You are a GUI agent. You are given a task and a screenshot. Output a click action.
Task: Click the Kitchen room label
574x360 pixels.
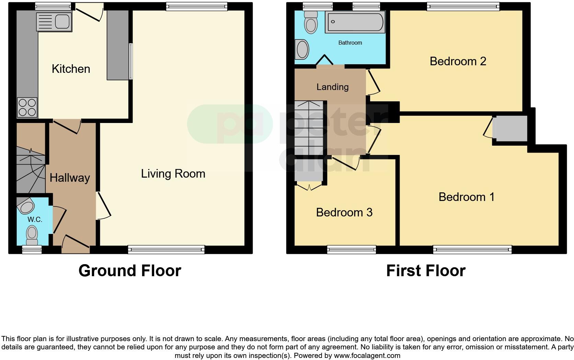point(71,69)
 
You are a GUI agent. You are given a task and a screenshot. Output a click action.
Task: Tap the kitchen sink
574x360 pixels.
point(54,21)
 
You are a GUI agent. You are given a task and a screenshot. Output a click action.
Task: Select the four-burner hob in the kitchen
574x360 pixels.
point(27,107)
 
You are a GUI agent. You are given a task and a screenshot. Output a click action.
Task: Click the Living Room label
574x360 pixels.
point(173,173)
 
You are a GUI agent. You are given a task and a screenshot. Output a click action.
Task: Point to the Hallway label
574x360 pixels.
point(70,178)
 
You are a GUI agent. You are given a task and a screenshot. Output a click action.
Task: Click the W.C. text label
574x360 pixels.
point(35,220)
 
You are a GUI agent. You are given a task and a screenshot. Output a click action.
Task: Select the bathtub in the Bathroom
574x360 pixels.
point(355,22)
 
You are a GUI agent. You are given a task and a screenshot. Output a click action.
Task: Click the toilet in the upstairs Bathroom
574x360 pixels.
point(311,22)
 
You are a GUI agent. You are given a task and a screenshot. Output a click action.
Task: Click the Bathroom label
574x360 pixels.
point(350,43)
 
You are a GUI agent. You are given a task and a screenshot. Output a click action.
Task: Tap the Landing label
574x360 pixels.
point(332,87)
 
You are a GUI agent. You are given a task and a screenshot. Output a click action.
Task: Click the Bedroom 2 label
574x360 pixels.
point(458,61)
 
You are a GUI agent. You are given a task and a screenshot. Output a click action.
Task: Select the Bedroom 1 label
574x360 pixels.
point(466,197)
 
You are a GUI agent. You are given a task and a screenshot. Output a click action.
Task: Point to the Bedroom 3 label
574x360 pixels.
point(344,212)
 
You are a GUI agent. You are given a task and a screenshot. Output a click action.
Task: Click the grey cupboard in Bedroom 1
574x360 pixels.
point(510,128)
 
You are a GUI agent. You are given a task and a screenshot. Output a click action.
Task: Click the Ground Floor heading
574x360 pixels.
point(130,271)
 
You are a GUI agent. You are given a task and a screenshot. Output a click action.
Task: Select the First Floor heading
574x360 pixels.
point(425,271)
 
